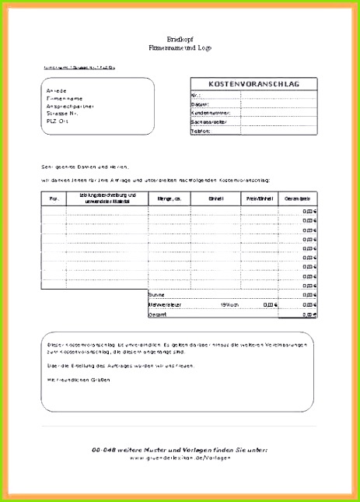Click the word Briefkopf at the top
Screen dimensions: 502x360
coord(180,38)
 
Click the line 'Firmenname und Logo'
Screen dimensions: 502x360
coord(180,47)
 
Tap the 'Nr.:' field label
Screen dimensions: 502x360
coord(196,95)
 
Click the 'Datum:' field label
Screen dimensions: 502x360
coord(200,104)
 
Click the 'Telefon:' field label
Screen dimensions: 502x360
coord(201,132)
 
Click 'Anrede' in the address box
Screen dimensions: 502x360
coord(57,91)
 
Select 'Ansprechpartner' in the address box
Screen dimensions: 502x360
coord(68,106)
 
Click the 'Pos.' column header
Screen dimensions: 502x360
coord(54,198)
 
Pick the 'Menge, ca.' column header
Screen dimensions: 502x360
coord(170,198)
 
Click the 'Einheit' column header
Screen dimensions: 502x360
coord(215,198)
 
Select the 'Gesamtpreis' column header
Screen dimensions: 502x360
coord(299,198)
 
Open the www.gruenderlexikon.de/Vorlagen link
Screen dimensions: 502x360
coord(180,458)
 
